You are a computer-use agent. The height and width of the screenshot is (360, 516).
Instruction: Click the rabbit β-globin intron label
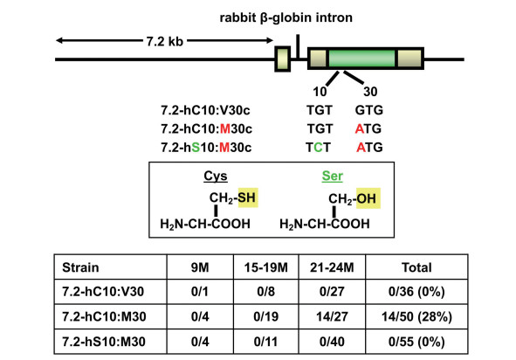286,17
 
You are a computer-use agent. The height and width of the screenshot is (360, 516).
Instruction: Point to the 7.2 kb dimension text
164,41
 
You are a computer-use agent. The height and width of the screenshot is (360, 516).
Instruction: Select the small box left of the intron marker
283,59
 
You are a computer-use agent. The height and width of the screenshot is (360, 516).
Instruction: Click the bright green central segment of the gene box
362,59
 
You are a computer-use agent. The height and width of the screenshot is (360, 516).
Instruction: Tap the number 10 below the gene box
320,92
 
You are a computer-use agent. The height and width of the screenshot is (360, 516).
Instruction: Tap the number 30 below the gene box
370,92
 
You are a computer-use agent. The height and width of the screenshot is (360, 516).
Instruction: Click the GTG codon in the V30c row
369,110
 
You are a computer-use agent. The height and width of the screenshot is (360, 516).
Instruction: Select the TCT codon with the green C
318,147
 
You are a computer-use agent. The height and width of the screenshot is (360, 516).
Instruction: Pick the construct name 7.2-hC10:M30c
206,128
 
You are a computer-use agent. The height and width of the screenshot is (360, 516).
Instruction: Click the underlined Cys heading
216,176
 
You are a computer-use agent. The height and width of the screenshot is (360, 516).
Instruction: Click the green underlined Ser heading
332,176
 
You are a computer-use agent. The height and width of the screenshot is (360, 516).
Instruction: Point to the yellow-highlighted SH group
247,197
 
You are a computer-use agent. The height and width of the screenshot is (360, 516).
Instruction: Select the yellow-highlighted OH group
368,198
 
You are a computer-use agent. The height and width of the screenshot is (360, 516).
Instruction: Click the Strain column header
80,267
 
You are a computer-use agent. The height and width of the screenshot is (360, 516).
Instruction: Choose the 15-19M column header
266,267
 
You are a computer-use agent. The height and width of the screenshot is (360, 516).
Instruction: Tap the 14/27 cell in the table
332,316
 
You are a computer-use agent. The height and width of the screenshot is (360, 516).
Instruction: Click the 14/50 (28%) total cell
416,316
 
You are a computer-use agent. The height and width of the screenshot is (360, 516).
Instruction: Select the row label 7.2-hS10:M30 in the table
104,342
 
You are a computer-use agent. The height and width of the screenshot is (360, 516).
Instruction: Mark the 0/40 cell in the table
332,342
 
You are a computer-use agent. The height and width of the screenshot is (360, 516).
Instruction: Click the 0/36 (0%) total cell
416,292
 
